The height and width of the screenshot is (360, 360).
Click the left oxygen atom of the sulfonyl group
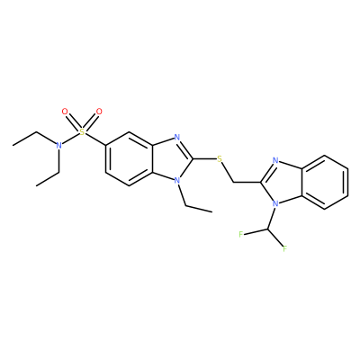coord(65,112)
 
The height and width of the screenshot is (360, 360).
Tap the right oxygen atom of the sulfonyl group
coord(99,112)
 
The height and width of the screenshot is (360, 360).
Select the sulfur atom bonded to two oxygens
coord(82,132)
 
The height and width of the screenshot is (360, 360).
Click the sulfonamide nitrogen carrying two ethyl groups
coord(59,146)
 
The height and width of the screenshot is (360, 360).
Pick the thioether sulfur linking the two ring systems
coord(220,159)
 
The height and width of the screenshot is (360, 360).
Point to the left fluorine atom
coord(240,234)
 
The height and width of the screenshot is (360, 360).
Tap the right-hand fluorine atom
coord(284,248)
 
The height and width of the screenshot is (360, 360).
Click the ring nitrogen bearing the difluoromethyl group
coord(275,204)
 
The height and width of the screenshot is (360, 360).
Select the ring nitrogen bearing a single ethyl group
coord(177,181)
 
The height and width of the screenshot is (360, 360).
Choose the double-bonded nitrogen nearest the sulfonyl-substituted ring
coord(177,138)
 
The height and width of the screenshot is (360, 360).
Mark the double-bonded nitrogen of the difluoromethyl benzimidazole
coord(275,161)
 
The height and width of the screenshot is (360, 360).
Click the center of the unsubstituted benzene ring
coord(325,182)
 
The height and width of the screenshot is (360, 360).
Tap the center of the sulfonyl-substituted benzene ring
coord(130,159)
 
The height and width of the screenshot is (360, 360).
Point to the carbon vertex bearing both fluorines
coord(268,229)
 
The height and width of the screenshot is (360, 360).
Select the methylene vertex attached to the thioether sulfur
coord(233,182)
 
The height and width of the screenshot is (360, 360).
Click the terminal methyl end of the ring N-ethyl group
coord(212,211)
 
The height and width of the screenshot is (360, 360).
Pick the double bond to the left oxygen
coord(73,121)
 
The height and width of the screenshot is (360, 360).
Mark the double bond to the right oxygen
coord(90,121)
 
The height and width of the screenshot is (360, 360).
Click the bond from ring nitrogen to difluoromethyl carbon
coord(272,217)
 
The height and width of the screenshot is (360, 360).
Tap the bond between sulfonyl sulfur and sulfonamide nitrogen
coord(71,139)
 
